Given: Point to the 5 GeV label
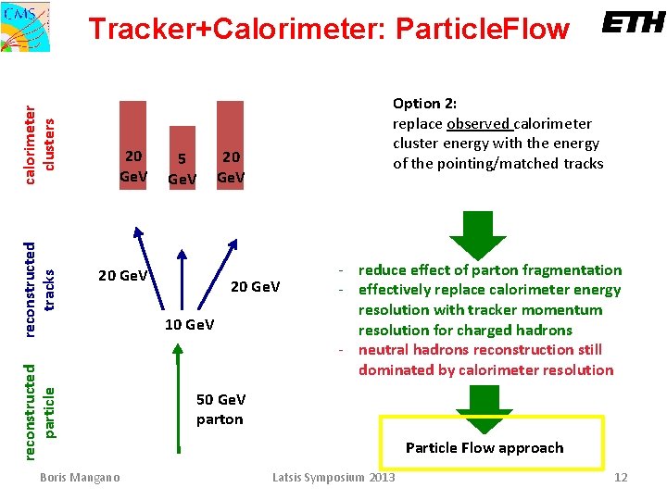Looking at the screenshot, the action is (182, 169).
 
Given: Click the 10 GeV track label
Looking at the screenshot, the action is (189, 324).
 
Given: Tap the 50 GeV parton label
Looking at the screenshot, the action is (220, 409).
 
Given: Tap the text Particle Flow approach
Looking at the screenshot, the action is (485, 448).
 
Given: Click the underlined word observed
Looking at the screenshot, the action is (477, 123).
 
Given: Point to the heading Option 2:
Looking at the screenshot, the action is (424, 104).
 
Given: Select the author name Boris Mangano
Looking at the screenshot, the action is (81, 477).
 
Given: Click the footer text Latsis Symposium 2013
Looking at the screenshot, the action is (333, 477).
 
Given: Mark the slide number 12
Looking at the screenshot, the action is (621, 477).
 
